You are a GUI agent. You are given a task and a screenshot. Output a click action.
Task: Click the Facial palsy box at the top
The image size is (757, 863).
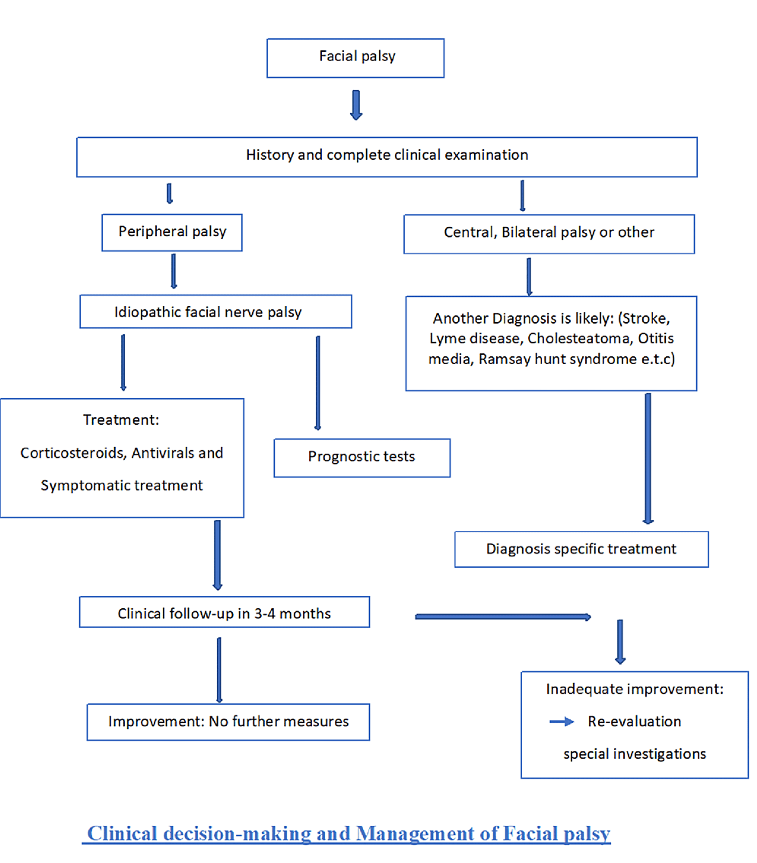355,58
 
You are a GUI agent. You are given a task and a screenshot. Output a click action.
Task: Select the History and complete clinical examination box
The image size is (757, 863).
387,157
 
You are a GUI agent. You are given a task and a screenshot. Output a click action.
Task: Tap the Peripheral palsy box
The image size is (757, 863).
172,232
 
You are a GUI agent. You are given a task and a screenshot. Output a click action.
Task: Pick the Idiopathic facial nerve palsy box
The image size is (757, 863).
216,311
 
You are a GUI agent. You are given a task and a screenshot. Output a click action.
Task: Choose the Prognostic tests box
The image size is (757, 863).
362,458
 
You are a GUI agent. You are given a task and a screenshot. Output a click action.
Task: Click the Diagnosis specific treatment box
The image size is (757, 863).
581,549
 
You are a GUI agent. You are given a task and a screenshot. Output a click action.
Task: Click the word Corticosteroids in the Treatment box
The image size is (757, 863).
73,453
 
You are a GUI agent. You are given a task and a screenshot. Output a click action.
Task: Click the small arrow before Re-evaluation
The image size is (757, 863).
561,722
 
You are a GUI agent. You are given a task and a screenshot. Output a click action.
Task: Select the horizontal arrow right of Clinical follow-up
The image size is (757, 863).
502,617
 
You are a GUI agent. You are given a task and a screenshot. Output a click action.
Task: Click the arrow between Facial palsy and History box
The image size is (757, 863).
356,105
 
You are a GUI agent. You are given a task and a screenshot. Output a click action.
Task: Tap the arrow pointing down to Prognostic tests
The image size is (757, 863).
318,382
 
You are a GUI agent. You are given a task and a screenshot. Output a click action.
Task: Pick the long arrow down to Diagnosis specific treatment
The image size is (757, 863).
648,458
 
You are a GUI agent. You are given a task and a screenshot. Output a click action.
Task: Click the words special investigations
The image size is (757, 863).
634,754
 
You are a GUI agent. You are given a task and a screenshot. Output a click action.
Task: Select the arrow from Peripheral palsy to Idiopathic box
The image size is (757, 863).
173,271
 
